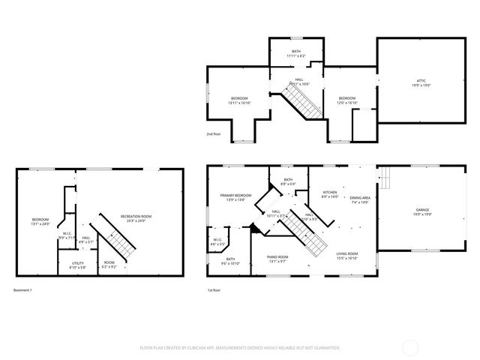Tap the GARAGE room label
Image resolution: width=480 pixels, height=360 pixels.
[423, 211]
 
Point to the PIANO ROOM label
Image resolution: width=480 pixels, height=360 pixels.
[277, 258]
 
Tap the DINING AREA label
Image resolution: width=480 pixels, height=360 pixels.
[360, 199]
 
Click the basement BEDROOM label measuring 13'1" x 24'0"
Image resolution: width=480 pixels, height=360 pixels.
[40, 221]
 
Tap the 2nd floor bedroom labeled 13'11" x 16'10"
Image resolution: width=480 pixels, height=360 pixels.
[239, 100]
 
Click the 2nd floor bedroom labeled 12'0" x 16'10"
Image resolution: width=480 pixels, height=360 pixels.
[346, 100]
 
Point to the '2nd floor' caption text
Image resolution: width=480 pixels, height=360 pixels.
[214, 134]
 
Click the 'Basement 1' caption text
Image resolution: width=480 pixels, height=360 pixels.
[23, 289]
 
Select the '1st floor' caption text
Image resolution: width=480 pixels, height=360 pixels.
[214, 289]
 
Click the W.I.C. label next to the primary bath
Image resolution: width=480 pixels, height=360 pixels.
[217, 242]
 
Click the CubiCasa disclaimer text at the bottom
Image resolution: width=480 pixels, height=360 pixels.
[240, 348]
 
